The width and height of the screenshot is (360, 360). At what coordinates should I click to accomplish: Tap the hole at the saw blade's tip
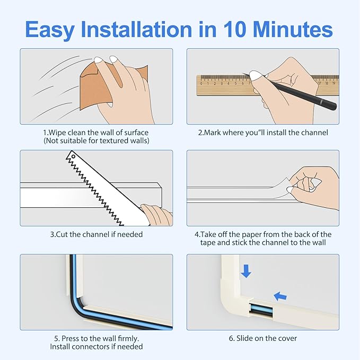74,157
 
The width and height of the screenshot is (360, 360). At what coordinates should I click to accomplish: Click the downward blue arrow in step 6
245,271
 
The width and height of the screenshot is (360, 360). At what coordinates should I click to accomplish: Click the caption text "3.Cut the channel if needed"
96,234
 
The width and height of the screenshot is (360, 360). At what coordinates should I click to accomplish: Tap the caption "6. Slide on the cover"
262,338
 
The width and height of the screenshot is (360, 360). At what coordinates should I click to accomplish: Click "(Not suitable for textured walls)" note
96,141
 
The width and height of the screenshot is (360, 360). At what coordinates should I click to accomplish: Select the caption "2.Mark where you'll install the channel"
263,133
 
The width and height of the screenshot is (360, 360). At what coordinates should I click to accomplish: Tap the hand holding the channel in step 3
156,215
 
